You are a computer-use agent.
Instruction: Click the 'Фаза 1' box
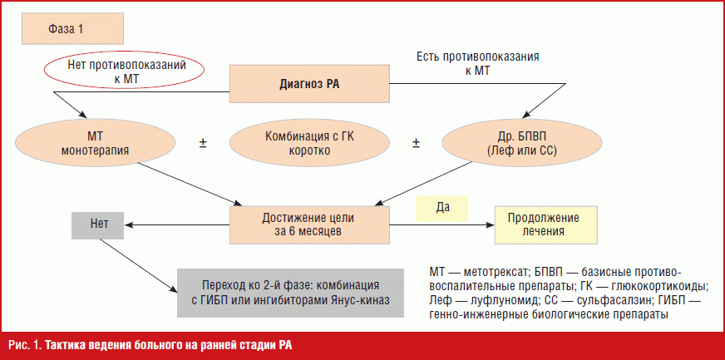[x=72, y=29]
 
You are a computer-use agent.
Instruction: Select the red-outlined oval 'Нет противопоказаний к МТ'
[x=124, y=72]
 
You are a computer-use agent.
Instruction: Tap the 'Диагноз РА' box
[x=309, y=84]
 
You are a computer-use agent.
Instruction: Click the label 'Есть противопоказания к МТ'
[x=478, y=64]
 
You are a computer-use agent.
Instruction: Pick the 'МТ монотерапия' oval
[x=96, y=144]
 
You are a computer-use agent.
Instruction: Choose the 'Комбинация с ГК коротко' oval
[x=310, y=144]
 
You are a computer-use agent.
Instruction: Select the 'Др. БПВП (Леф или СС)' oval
[x=522, y=144]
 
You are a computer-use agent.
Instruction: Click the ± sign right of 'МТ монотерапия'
[x=203, y=143]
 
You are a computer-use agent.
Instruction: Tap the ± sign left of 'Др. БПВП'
[x=417, y=143]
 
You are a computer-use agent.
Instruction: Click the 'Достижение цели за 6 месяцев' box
[x=309, y=224]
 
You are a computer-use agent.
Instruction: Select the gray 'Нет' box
[x=97, y=225]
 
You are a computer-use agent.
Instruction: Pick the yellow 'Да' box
[x=442, y=209]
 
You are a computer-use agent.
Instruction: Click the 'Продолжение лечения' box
[x=546, y=224]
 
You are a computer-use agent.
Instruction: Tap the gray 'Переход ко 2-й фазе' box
[x=290, y=293]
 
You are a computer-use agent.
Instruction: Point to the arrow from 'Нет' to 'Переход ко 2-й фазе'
[x=138, y=266]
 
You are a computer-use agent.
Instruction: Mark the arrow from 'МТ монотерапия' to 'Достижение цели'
[x=190, y=183]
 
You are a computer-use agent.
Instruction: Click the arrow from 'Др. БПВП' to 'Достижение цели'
[x=427, y=183]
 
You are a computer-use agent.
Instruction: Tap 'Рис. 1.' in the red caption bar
[x=22, y=346]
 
